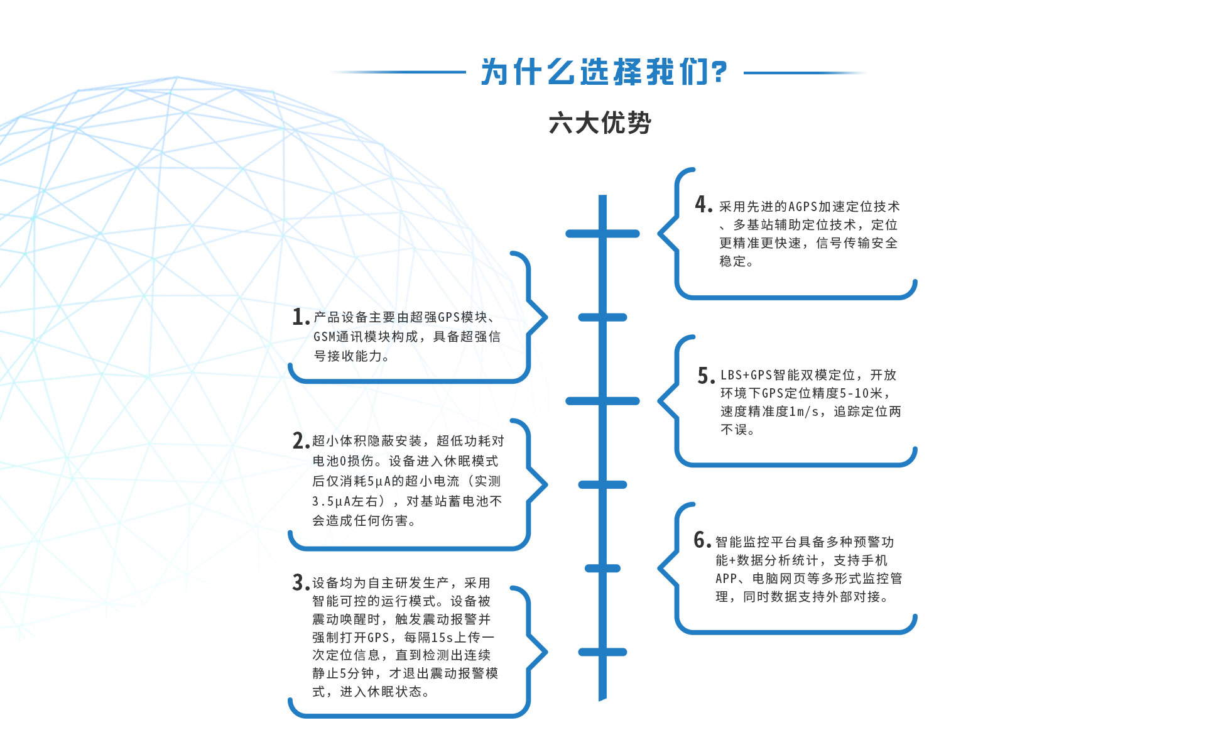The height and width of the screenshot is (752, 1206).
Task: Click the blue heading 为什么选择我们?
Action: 604,72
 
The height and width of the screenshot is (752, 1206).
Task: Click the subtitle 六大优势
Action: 600,123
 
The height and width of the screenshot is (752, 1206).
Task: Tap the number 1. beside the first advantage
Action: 300,317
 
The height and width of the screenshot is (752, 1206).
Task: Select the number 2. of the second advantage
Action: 300,441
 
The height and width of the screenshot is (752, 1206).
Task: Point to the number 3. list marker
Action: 300,582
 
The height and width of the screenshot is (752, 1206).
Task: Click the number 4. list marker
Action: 703,205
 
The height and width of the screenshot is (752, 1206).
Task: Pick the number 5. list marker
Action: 705,376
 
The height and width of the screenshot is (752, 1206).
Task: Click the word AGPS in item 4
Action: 802,207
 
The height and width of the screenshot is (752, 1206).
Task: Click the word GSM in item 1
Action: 325,337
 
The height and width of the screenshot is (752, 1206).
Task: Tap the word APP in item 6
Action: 725,579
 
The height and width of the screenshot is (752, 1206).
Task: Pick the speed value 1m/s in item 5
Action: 804,411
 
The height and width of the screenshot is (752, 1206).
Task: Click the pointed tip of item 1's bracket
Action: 545,317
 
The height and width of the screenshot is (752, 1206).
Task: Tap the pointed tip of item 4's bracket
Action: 660,233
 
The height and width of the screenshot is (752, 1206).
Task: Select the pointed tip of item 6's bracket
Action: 660,568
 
